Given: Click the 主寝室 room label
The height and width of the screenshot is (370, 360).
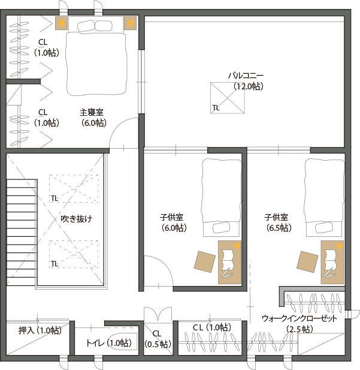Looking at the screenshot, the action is tap(92, 112).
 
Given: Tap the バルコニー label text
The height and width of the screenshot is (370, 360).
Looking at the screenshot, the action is tap(246, 76).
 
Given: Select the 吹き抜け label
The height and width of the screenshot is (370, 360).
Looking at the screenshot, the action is tap(77, 219).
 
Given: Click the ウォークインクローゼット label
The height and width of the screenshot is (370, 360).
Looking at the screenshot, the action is tap(300, 318).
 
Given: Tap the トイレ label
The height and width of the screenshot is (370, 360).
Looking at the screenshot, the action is tap(95, 342).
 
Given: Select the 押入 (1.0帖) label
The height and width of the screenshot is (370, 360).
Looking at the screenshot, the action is tap(40, 330).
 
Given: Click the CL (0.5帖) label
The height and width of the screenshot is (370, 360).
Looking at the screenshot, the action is tap(158, 339).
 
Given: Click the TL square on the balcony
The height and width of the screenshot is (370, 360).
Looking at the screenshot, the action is tap(228, 98).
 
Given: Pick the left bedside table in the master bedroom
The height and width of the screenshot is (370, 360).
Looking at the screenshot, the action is tap(61, 23).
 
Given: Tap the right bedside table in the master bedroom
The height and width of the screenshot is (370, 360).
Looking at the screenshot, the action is tap(131, 23).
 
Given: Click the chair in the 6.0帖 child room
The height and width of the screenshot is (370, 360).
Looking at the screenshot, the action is tap(205, 261).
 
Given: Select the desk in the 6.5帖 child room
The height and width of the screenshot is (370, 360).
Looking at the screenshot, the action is tap(332, 262).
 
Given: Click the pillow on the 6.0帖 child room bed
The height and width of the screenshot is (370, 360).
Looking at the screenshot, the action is tap(221, 228).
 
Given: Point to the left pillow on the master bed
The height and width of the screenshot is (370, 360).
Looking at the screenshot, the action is tap(86, 26).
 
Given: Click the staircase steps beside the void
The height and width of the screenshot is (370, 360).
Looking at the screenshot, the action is tap(22, 233).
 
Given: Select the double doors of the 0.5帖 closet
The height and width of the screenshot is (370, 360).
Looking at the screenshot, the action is tap(158, 314).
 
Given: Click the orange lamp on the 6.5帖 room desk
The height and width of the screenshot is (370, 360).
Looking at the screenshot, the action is tap(340, 246).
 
